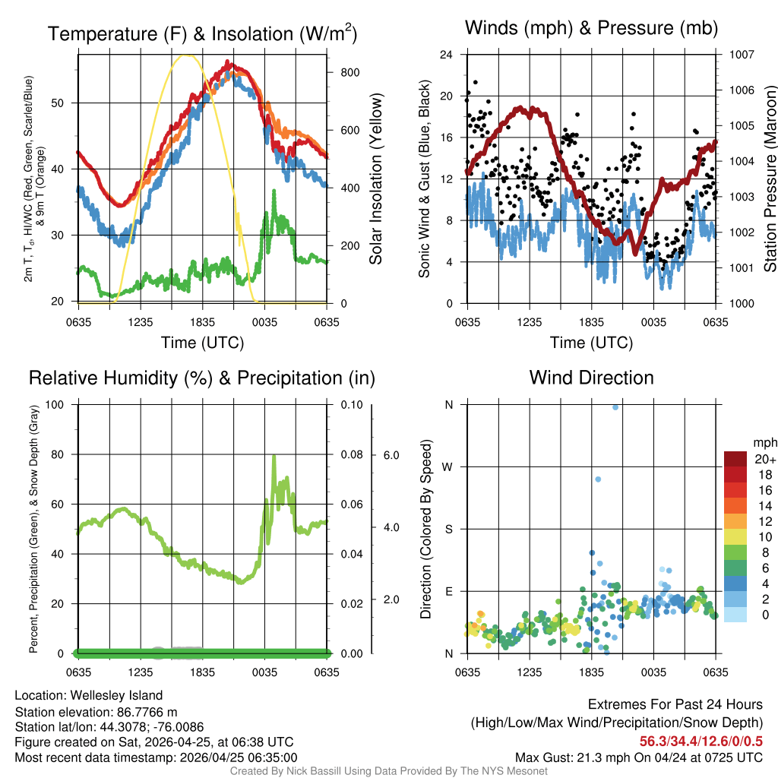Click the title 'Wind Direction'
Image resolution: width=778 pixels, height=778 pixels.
591,378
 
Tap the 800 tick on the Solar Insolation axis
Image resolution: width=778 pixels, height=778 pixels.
350,72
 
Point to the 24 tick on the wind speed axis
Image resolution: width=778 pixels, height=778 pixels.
447,55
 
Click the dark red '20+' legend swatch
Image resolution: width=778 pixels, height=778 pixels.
736,459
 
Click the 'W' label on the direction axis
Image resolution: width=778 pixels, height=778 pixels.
448,466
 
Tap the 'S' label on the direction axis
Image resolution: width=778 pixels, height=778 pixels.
448,529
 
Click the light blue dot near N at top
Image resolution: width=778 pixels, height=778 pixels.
615,407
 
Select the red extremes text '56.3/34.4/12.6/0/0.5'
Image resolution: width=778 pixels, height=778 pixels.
701,741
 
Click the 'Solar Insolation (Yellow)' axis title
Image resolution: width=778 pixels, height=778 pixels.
376,179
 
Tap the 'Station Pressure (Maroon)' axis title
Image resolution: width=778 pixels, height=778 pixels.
769,179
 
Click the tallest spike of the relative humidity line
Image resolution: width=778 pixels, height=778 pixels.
274,455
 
